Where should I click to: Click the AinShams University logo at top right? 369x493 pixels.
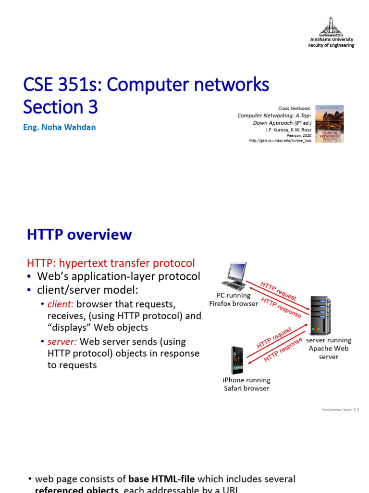pyautogui.click(x=331, y=26)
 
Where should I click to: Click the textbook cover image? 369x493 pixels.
pyautogui.click(x=330, y=124)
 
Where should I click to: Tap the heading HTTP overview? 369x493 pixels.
pyautogui.click(x=79, y=235)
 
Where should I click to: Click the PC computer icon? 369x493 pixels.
pyautogui.click(x=234, y=276)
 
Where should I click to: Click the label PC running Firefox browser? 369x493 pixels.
pyautogui.click(x=234, y=299)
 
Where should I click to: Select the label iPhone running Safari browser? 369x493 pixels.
pyautogui.click(x=246, y=384)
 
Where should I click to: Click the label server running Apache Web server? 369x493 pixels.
pyautogui.click(x=329, y=349)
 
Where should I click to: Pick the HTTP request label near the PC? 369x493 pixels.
pyautogui.click(x=278, y=290)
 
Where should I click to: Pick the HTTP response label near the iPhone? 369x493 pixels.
pyautogui.click(x=283, y=350)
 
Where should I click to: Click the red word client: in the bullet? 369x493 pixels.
pyautogui.click(x=61, y=304)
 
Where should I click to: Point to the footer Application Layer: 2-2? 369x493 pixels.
pyautogui.click(x=341, y=410)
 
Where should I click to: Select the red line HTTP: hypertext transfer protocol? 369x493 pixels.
pyautogui.click(x=111, y=263)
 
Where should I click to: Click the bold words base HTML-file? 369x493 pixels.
pyautogui.click(x=162, y=479)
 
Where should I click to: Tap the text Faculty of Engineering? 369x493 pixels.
pyautogui.click(x=331, y=45)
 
